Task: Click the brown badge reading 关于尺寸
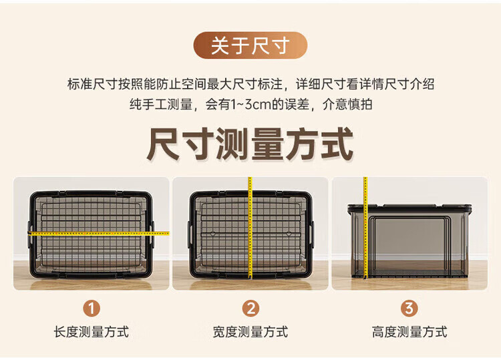(x=251, y=45)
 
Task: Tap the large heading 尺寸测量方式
(x=251, y=144)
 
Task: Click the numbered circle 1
(x=92, y=309)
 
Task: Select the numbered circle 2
(x=251, y=309)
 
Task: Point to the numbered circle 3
(x=409, y=309)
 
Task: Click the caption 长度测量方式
(x=92, y=332)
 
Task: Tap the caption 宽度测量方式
(x=251, y=332)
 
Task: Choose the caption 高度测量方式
(x=409, y=332)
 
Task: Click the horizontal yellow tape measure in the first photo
(x=98, y=234)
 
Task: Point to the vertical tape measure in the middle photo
(x=251, y=228)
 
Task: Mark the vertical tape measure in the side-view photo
(x=365, y=228)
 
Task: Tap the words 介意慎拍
(x=347, y=104)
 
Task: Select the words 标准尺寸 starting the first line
(x=92, y=84)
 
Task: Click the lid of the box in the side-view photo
(x=409, y=208)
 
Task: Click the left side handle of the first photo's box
(x=29, y=235)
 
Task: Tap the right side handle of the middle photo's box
(x=311, y=235)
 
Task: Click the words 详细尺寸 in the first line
(x=321, y=84)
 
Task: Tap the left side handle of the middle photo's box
(x=190, y=235)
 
